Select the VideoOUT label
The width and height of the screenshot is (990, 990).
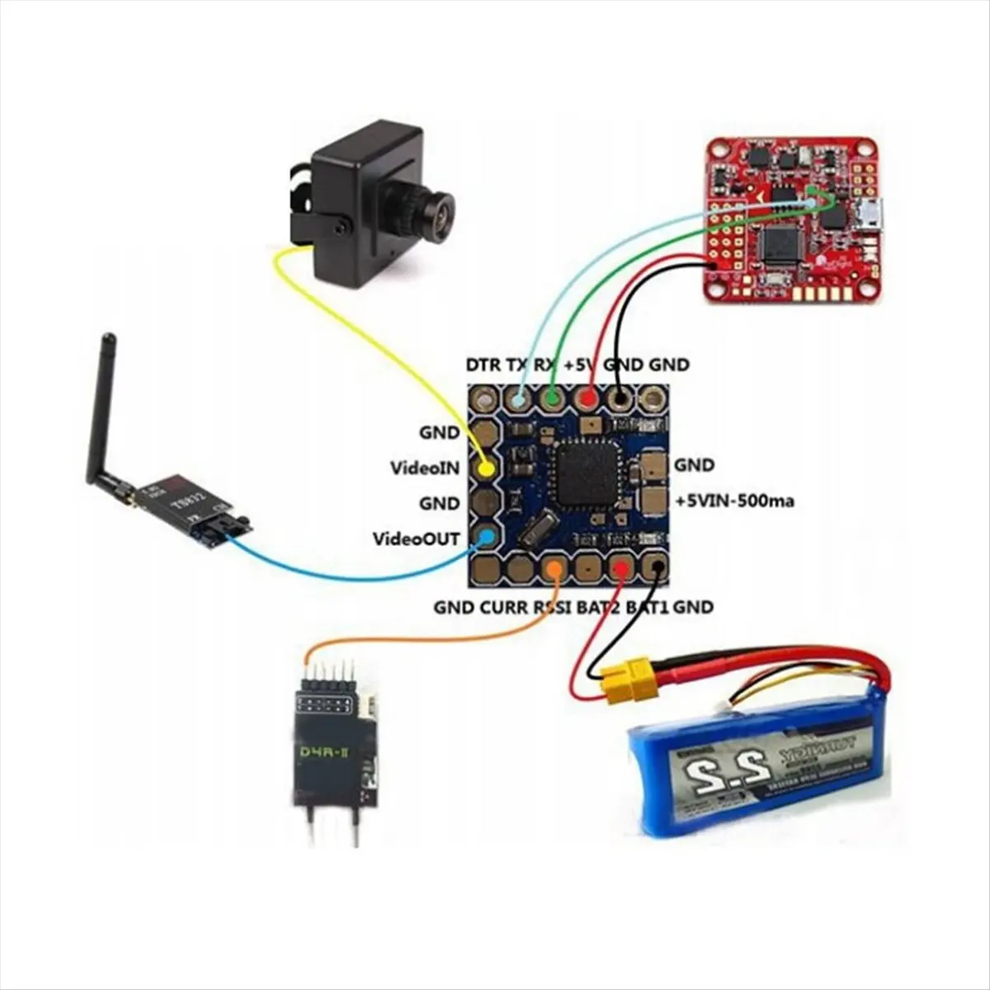tap(416, 539)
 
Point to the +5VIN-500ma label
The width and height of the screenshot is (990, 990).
tap(734, 501)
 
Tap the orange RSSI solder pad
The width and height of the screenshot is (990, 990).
tap(555, 568)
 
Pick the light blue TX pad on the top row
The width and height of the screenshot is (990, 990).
tap(518, 400)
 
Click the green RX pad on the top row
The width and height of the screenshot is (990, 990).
tap(552, 400)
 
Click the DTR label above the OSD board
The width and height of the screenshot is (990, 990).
tap(483, 364)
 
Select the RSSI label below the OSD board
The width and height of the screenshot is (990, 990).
tap(552, 608)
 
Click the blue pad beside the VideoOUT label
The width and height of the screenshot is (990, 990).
tap(487, 538)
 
